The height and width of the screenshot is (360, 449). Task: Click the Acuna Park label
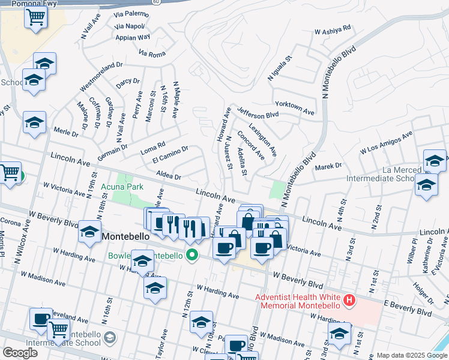pyautogui.click(x=122, y=187)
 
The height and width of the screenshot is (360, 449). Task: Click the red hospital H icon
pyautogui.click(x=349, y=299)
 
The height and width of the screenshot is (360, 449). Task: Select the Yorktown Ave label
pyautogui.click(x=294, y=107)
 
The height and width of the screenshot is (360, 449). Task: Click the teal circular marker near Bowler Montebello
pyautogui.click(x=193, y=256)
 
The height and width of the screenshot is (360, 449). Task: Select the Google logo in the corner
pyautogui.click(x=20, y=353)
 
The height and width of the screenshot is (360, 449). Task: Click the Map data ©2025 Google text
pyautogui.click(x=412, y=355)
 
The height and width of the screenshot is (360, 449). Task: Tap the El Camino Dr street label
pyautogui.click(x=170, y=154)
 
